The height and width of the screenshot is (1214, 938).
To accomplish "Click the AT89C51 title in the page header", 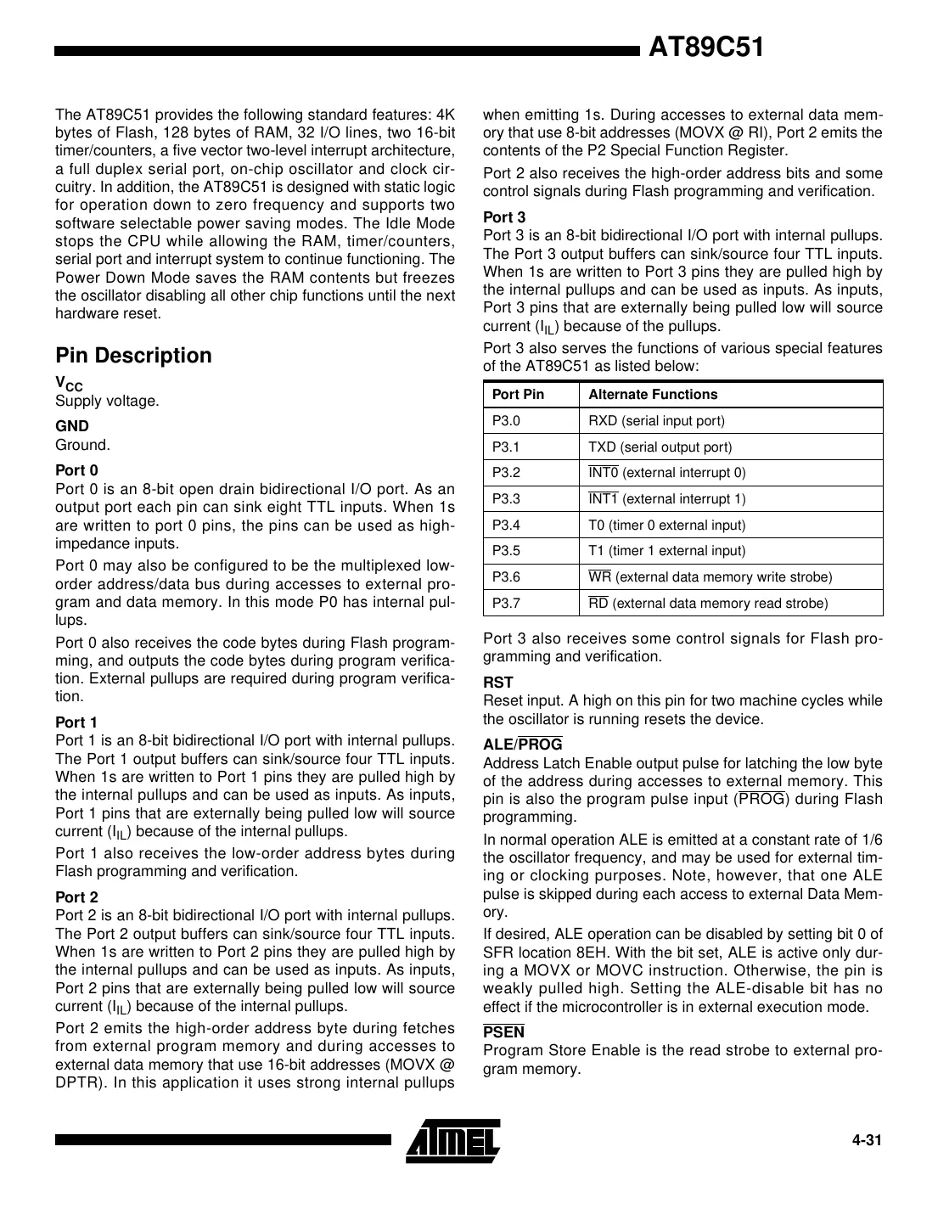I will [706, 48].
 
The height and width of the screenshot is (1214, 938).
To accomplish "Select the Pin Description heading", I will [133, 355].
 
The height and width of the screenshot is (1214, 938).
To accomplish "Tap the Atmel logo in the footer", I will [452, 1140].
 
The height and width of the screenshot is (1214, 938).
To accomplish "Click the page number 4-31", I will [867, 1140].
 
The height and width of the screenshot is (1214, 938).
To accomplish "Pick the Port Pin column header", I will [518, 394].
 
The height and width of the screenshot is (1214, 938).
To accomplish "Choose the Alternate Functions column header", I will [652, 394].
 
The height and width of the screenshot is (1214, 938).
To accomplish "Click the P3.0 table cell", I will [506, 420].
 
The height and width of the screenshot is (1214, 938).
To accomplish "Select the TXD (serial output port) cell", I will [660, 447].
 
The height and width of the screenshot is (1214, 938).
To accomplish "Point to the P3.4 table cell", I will [506, 525].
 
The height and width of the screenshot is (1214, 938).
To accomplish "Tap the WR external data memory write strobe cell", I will [710, 577].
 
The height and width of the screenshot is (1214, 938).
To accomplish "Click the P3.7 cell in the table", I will [506, 604].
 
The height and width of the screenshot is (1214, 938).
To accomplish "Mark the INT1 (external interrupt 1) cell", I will [667, 499].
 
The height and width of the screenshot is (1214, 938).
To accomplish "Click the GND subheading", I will [72, 426].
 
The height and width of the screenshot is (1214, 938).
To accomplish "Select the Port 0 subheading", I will [76, 470].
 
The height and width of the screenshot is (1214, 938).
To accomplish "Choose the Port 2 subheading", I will [76, 897].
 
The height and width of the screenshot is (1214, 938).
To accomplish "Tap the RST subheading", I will [497, 683].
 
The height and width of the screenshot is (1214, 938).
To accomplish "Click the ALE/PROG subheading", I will [522, 745].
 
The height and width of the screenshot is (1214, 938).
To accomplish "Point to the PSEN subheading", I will [503, 1032].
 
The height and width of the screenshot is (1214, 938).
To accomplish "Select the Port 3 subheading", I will [504, 217].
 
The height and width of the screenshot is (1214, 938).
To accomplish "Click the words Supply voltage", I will [107, 401].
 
